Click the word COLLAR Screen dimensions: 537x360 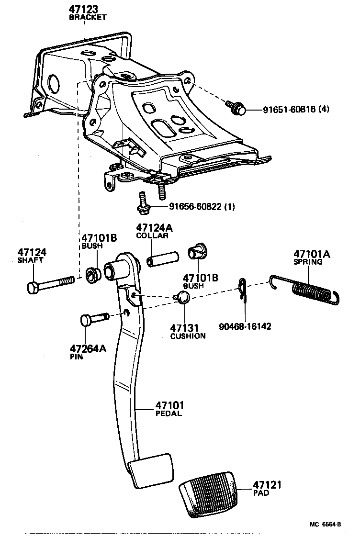pos(152,236)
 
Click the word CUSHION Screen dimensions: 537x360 pos(188,336)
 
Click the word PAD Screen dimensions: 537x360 pos(261,493)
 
